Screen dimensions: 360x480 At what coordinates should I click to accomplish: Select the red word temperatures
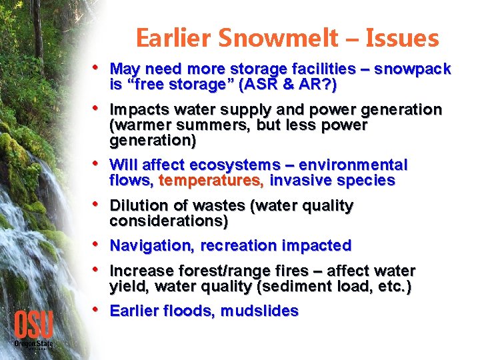point(212,181)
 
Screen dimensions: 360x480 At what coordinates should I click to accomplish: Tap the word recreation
point(235,245)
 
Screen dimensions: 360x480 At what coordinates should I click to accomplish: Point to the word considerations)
point(169,221)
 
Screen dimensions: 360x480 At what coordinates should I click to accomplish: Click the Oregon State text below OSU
point(33,343)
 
